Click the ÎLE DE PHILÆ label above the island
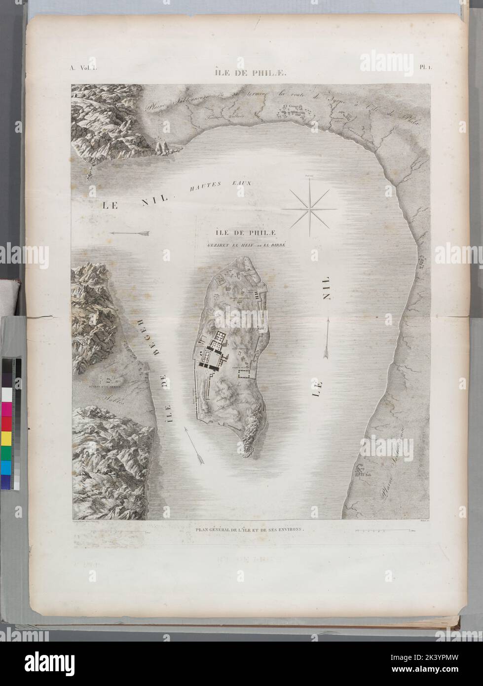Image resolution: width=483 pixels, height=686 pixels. point(244,233)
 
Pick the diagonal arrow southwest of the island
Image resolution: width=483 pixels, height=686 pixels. point(192,444)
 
